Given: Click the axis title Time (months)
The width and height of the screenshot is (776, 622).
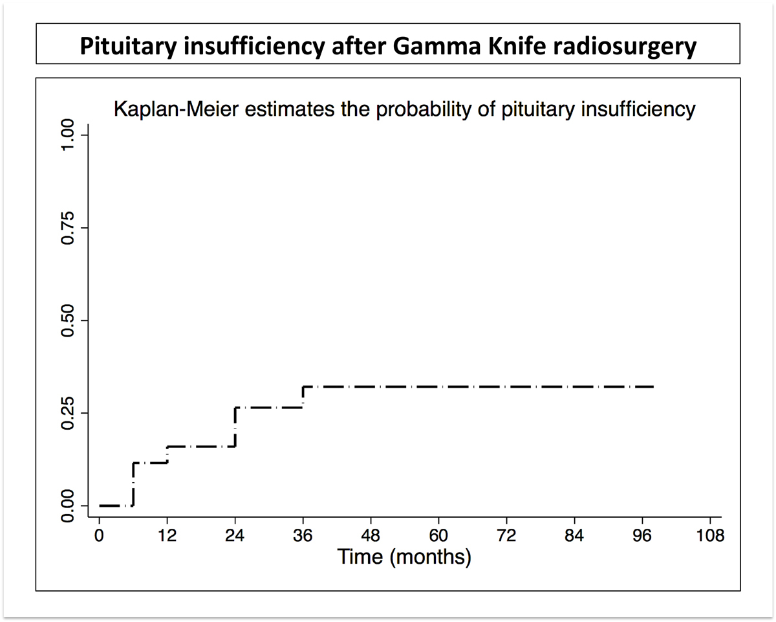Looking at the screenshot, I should tap(404, 556).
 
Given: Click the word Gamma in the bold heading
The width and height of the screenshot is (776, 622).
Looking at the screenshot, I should tap(383, 47).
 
